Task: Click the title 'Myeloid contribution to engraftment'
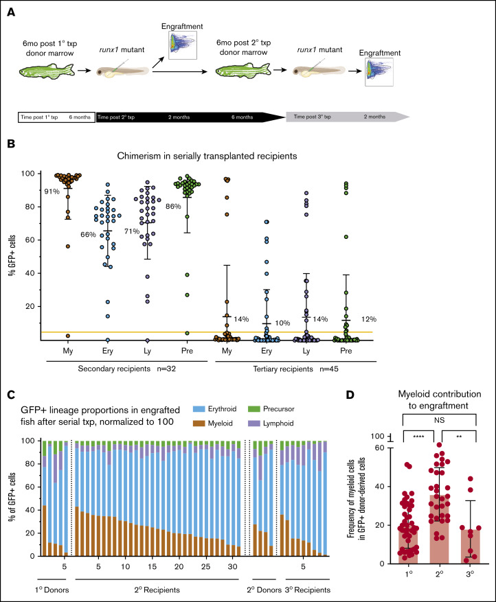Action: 431,401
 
